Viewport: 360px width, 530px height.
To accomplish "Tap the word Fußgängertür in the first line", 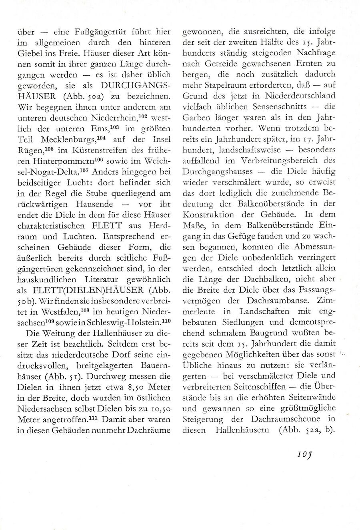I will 94,32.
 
